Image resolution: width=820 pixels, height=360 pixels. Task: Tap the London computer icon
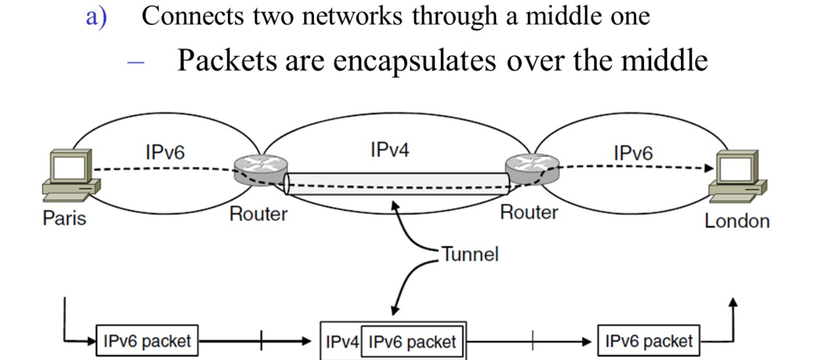tap(739, 175)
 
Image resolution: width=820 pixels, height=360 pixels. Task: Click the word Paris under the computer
tap(65, 218)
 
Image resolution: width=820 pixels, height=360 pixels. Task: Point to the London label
tap(736, 221)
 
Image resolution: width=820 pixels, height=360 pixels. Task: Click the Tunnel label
tap(470, 254)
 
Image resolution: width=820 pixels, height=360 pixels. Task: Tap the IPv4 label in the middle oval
tap(390, 150)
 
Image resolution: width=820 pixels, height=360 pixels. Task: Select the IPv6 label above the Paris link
tap(165, 152)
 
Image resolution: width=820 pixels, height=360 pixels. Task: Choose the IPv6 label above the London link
tap(633, 152)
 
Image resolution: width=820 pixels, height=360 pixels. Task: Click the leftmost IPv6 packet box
tap(147, 341)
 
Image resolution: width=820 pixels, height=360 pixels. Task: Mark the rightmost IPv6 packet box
tap(649, 341)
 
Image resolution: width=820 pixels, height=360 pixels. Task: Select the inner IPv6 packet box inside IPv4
tap(412, 341)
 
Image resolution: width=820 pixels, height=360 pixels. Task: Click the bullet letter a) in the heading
tap(96, 17)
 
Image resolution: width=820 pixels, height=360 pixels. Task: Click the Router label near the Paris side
tap(258, 214)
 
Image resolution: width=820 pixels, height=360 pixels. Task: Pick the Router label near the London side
tap(529, 212)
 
